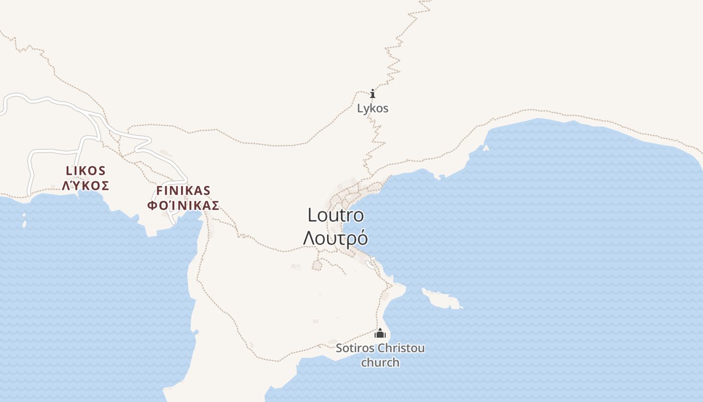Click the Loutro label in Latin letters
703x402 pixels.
click(335, 215)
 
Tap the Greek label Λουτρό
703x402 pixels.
click(335, 238)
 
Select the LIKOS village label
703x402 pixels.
click(85, 170)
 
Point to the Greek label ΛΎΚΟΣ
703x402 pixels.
click(85, 185)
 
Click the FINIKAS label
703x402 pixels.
click(183, 190)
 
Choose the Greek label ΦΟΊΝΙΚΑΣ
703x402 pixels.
click(183, 205)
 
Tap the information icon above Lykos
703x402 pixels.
click(373, 94)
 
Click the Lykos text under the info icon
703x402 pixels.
click(373, 108)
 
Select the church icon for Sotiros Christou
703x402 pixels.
click(380, 333)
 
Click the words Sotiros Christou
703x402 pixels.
click(380, 348)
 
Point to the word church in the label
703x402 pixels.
click(380, 362)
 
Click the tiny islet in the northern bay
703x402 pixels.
click(486, 148)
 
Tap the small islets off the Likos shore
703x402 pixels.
click(24, 220)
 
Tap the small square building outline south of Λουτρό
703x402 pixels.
click(317, 265)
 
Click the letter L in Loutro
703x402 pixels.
click(312, 215)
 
